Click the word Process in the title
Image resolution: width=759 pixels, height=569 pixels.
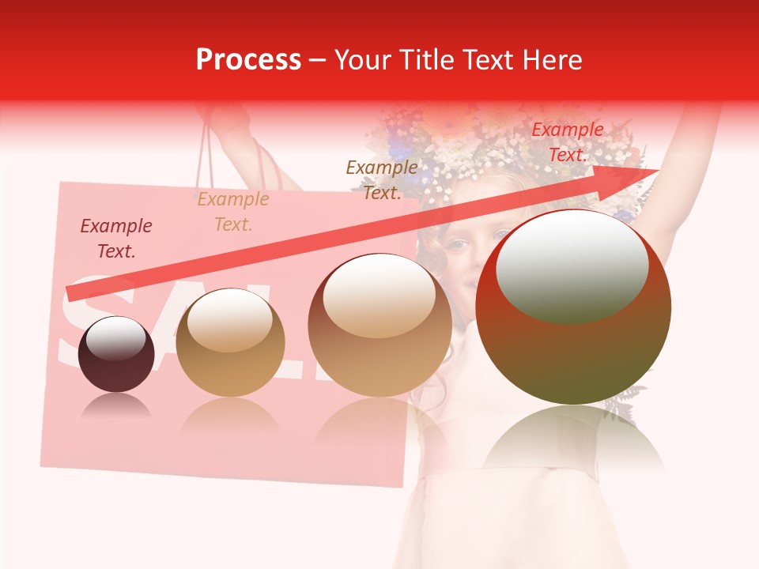click(248, 60)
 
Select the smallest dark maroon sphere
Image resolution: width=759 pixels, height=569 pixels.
click(116, 354)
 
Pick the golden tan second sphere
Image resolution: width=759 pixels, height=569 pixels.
click(230, 343)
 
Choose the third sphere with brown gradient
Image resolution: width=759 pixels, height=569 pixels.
click(380, 326)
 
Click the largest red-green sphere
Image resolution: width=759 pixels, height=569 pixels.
click(573, 308)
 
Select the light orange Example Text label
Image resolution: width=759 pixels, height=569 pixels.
click(233, 212)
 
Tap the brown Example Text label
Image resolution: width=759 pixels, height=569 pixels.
click(382, 180)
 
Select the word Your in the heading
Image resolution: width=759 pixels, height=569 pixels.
click(364, 60)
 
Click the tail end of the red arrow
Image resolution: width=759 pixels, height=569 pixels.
click(71, 294)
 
